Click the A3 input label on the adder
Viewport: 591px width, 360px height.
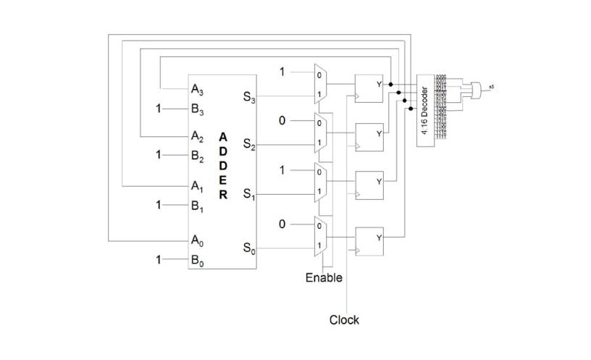pyautogui.click(x=197, y=91)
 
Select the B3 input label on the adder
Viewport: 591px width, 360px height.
pyautogui.click(x=197, y=110)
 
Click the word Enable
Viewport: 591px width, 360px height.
pyautogui.click(x=324, y=277)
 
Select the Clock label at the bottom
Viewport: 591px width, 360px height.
pyautogui.click(x=344, y=319)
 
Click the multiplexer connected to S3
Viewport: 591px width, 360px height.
pyautogui.click(x=319, y=83)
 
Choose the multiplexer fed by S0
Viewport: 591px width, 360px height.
pyautogui.click(x=319, y=235)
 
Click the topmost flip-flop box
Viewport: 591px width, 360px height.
pyautogui.click(x=368, y=88)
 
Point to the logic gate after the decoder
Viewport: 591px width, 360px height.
pyautogui.click(x=476, y=89)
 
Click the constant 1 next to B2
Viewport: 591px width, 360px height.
pyautogui.click(x=159, y=154)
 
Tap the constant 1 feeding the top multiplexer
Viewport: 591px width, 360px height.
pyautogui.click(x=283, y=71)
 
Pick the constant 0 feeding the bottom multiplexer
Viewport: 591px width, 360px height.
pyautogui.click(x=283, y=224)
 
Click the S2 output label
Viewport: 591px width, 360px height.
pyautogui.click(x=248, y=146)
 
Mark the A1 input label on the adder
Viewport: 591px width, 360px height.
pyautogui.click(x=197, y=186)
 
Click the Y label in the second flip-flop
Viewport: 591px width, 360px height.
pyautogui.click(x=378, y=133)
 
